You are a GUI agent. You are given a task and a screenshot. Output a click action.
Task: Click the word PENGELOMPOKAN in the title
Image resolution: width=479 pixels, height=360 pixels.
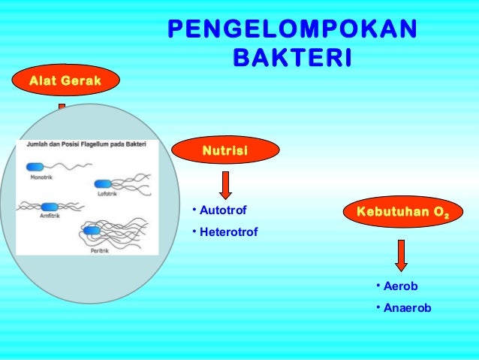click(x=291, y=28)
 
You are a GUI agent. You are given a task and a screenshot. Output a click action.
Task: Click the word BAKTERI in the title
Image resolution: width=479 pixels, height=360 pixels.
click(x=292, y=58)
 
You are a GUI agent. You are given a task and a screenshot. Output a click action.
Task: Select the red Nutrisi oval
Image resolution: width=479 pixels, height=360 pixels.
click(x=225, y=152)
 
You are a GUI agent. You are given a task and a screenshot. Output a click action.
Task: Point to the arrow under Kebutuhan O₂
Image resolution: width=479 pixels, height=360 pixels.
click(x=402, y=256)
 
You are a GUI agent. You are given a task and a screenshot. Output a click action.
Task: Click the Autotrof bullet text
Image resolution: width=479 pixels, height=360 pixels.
click(x=222, y=210)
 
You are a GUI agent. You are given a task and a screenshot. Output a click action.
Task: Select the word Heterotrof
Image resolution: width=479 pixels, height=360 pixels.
click(x=228, y=232)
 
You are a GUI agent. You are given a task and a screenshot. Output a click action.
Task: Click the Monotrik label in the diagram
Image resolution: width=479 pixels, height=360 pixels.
click(x=42, y=179)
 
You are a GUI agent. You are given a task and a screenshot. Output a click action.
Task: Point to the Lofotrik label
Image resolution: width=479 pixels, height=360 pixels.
click(x=107, y=193)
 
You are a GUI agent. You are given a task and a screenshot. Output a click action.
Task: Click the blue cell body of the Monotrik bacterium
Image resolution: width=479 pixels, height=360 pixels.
click(x=37, y=168)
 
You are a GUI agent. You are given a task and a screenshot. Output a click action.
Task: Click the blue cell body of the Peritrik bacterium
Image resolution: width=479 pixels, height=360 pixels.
click(x=92, y=230)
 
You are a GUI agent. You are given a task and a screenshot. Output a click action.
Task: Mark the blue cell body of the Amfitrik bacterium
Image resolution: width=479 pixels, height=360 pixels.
click(x=50, y=207)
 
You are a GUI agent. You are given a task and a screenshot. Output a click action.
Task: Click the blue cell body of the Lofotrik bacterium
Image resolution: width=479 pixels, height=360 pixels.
click(x=103, y=183)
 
